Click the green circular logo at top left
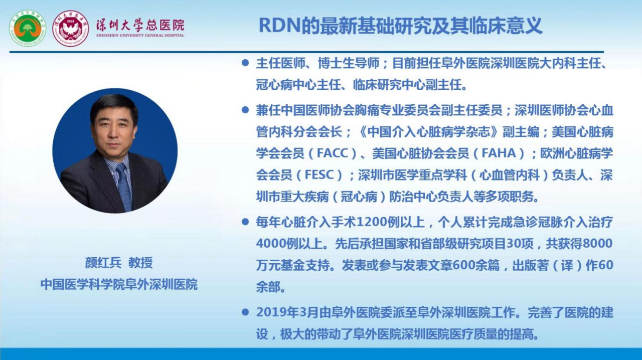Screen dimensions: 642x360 [28, 29]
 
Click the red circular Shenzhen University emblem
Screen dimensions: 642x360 [71, 29]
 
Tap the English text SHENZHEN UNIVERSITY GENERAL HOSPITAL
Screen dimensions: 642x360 [140, 36]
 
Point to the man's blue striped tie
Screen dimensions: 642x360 [124, 187]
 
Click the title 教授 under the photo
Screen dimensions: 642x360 [140, 263]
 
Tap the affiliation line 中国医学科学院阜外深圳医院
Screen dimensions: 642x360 [119, 284]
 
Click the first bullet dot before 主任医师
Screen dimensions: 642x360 [245, 63]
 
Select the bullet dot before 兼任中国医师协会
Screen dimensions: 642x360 [245, 110]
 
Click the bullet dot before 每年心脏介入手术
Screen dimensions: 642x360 [245, 222]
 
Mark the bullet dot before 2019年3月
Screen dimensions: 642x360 [245, 312]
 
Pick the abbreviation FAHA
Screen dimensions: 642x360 [499, 153]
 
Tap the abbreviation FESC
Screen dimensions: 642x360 [319, 175]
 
